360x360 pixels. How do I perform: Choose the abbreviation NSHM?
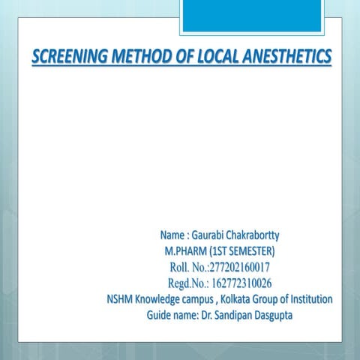(120, 299)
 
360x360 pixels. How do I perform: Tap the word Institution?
(308, 299)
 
